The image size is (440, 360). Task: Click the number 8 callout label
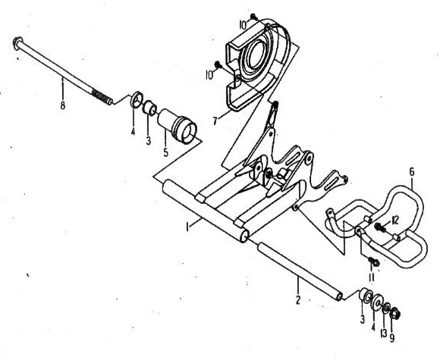point(62,105)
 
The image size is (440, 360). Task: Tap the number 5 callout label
point(165,153)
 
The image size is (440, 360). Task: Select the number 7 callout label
point(215,121)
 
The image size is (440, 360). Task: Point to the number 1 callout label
point(187,227)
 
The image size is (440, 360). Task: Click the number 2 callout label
point(297,299)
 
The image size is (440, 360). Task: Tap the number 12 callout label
point(395,221)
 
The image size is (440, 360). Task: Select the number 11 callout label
point(371,277)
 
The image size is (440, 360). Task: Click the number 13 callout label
point(384,333)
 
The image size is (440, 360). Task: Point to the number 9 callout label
point(392,338)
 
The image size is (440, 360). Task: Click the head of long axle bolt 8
point(17,43)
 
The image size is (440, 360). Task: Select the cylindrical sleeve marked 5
point(177,126)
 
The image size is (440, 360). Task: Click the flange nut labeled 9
point(395,314)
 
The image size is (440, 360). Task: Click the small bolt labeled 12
point(380,227)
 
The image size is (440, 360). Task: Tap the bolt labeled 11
point(374,261)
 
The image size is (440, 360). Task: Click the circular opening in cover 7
point(254,54)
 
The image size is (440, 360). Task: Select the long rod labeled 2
point(300,271)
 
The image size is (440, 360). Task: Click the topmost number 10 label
point(243,26)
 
